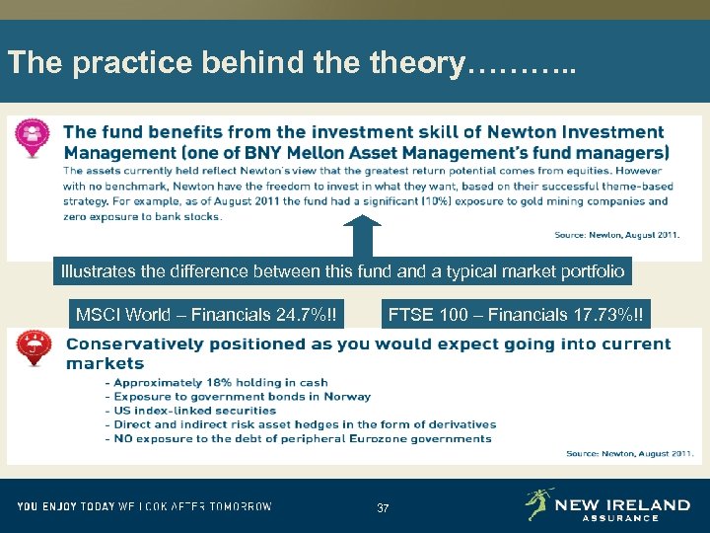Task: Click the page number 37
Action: [383, 507]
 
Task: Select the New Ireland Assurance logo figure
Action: [537, 503]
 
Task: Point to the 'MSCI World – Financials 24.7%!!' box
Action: [206, 316]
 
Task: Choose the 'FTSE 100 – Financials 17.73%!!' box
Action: [516, 316]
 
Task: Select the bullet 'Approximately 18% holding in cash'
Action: [221, 382]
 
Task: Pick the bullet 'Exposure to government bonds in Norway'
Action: [243, 396]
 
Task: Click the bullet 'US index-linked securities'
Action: [195, 410]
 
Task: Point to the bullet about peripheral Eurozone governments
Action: [303, 438]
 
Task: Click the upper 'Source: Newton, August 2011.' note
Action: [617, 236]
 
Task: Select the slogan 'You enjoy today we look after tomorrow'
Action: [145, 506]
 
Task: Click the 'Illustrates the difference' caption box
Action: [341, 270]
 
